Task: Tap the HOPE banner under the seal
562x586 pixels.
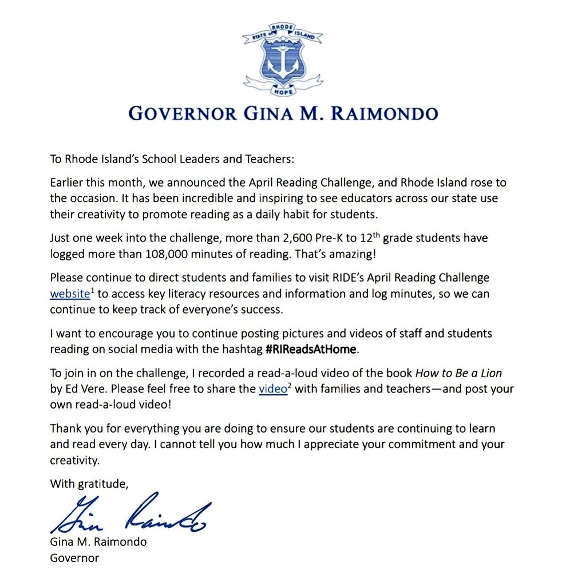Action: click(x=281, y=91)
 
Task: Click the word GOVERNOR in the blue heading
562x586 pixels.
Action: click(x=181, y=113)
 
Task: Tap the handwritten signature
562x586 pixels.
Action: click(x=129, y=514)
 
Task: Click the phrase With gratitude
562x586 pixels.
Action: click(x=89, y=484)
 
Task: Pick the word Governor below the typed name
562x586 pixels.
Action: click(x=74, y=557)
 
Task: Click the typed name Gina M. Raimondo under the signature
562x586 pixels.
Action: click(x=98, y=541)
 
